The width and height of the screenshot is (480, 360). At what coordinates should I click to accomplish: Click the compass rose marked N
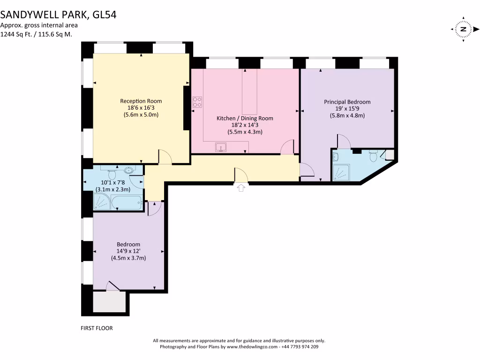point(463,29)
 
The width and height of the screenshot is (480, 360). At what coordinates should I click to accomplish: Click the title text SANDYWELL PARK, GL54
point(58,15)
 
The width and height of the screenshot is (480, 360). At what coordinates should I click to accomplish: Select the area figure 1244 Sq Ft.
point(19,34)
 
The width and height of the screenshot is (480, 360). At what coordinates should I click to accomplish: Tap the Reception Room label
point(141,101)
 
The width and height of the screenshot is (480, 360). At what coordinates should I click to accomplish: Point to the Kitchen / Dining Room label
point(245,118)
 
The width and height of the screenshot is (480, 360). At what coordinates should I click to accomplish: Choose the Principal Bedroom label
point(347,102)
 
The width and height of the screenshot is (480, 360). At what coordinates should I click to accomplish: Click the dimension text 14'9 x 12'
point(128,251)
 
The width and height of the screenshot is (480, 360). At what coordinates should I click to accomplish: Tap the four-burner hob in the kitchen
point(197,102)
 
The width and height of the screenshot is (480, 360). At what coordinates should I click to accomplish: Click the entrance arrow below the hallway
point(241,188)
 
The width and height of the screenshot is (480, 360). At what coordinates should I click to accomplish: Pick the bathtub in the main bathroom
point(127,202)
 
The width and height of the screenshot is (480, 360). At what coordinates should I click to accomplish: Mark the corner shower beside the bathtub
point(102,202)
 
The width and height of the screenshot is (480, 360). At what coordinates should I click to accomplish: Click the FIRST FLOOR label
point(97,328)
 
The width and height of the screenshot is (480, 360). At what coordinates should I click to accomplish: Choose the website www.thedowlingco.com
point(252,347)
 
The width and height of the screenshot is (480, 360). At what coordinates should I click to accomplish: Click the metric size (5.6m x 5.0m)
point(141,114)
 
